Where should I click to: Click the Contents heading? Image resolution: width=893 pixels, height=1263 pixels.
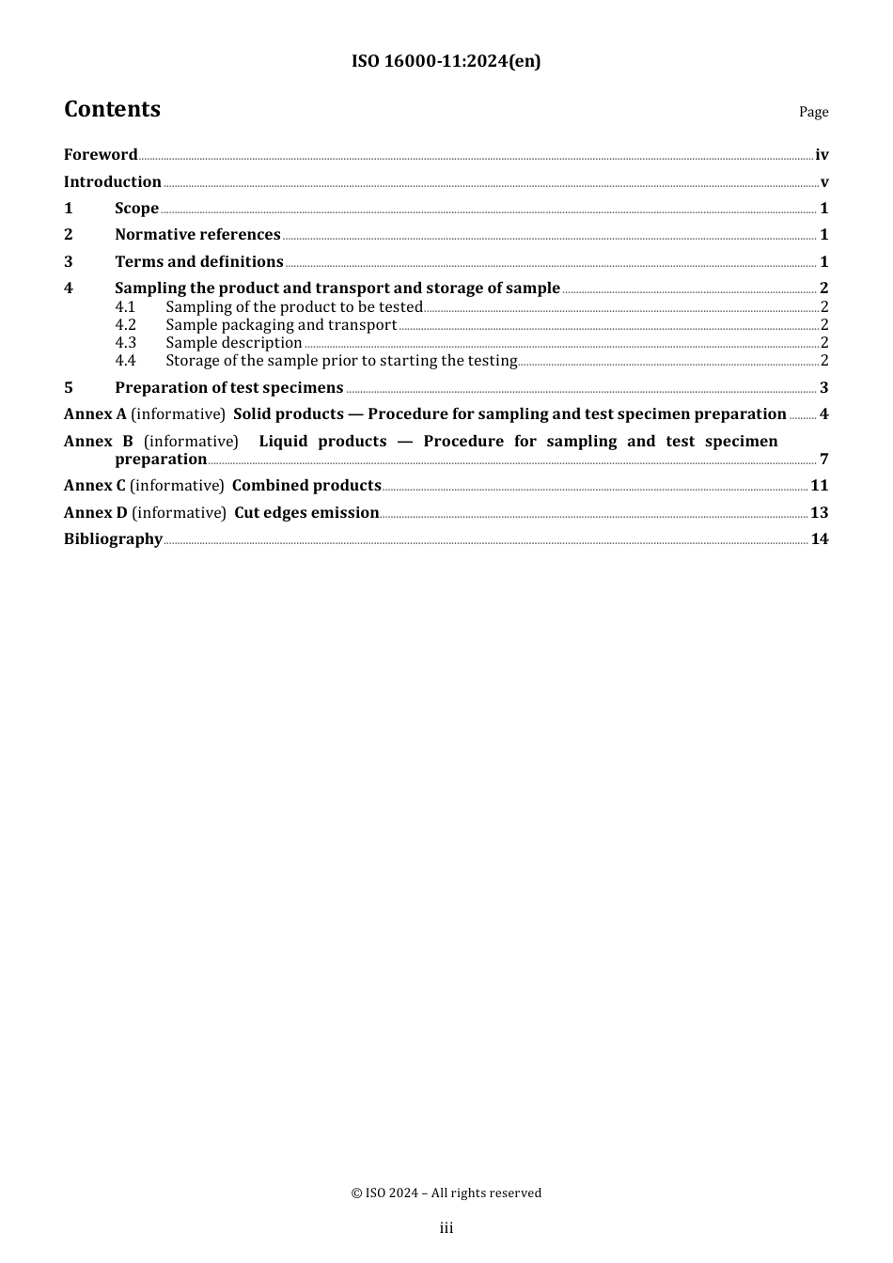112,110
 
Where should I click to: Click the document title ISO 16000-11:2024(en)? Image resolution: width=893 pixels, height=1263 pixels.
446,62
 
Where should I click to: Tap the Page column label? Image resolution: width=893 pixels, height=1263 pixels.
813,112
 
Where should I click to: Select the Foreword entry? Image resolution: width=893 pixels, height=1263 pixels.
101,155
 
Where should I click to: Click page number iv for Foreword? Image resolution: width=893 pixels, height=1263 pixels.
822,155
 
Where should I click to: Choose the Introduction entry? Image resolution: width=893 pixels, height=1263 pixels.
113,182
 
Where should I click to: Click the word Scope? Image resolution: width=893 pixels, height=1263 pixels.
136,209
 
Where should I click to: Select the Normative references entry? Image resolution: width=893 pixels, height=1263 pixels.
197,235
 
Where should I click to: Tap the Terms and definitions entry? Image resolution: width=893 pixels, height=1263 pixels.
198,262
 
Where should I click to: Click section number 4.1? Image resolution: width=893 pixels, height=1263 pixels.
125,307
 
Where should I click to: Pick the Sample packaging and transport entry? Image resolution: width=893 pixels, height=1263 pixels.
281,325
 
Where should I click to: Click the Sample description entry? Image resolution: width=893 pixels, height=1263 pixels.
233,343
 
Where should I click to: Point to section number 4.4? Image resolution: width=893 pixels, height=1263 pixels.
125,361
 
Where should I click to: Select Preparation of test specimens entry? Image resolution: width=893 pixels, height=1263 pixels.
228,388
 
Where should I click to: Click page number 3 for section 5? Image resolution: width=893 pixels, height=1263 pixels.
823,388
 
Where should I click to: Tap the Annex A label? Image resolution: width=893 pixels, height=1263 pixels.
95,414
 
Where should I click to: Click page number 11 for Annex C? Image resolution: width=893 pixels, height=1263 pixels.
819,486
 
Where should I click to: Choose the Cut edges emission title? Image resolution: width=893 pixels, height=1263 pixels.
306,513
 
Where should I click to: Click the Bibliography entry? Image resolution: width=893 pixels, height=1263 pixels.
113,539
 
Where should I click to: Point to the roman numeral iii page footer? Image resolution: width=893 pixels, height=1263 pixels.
446,1228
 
